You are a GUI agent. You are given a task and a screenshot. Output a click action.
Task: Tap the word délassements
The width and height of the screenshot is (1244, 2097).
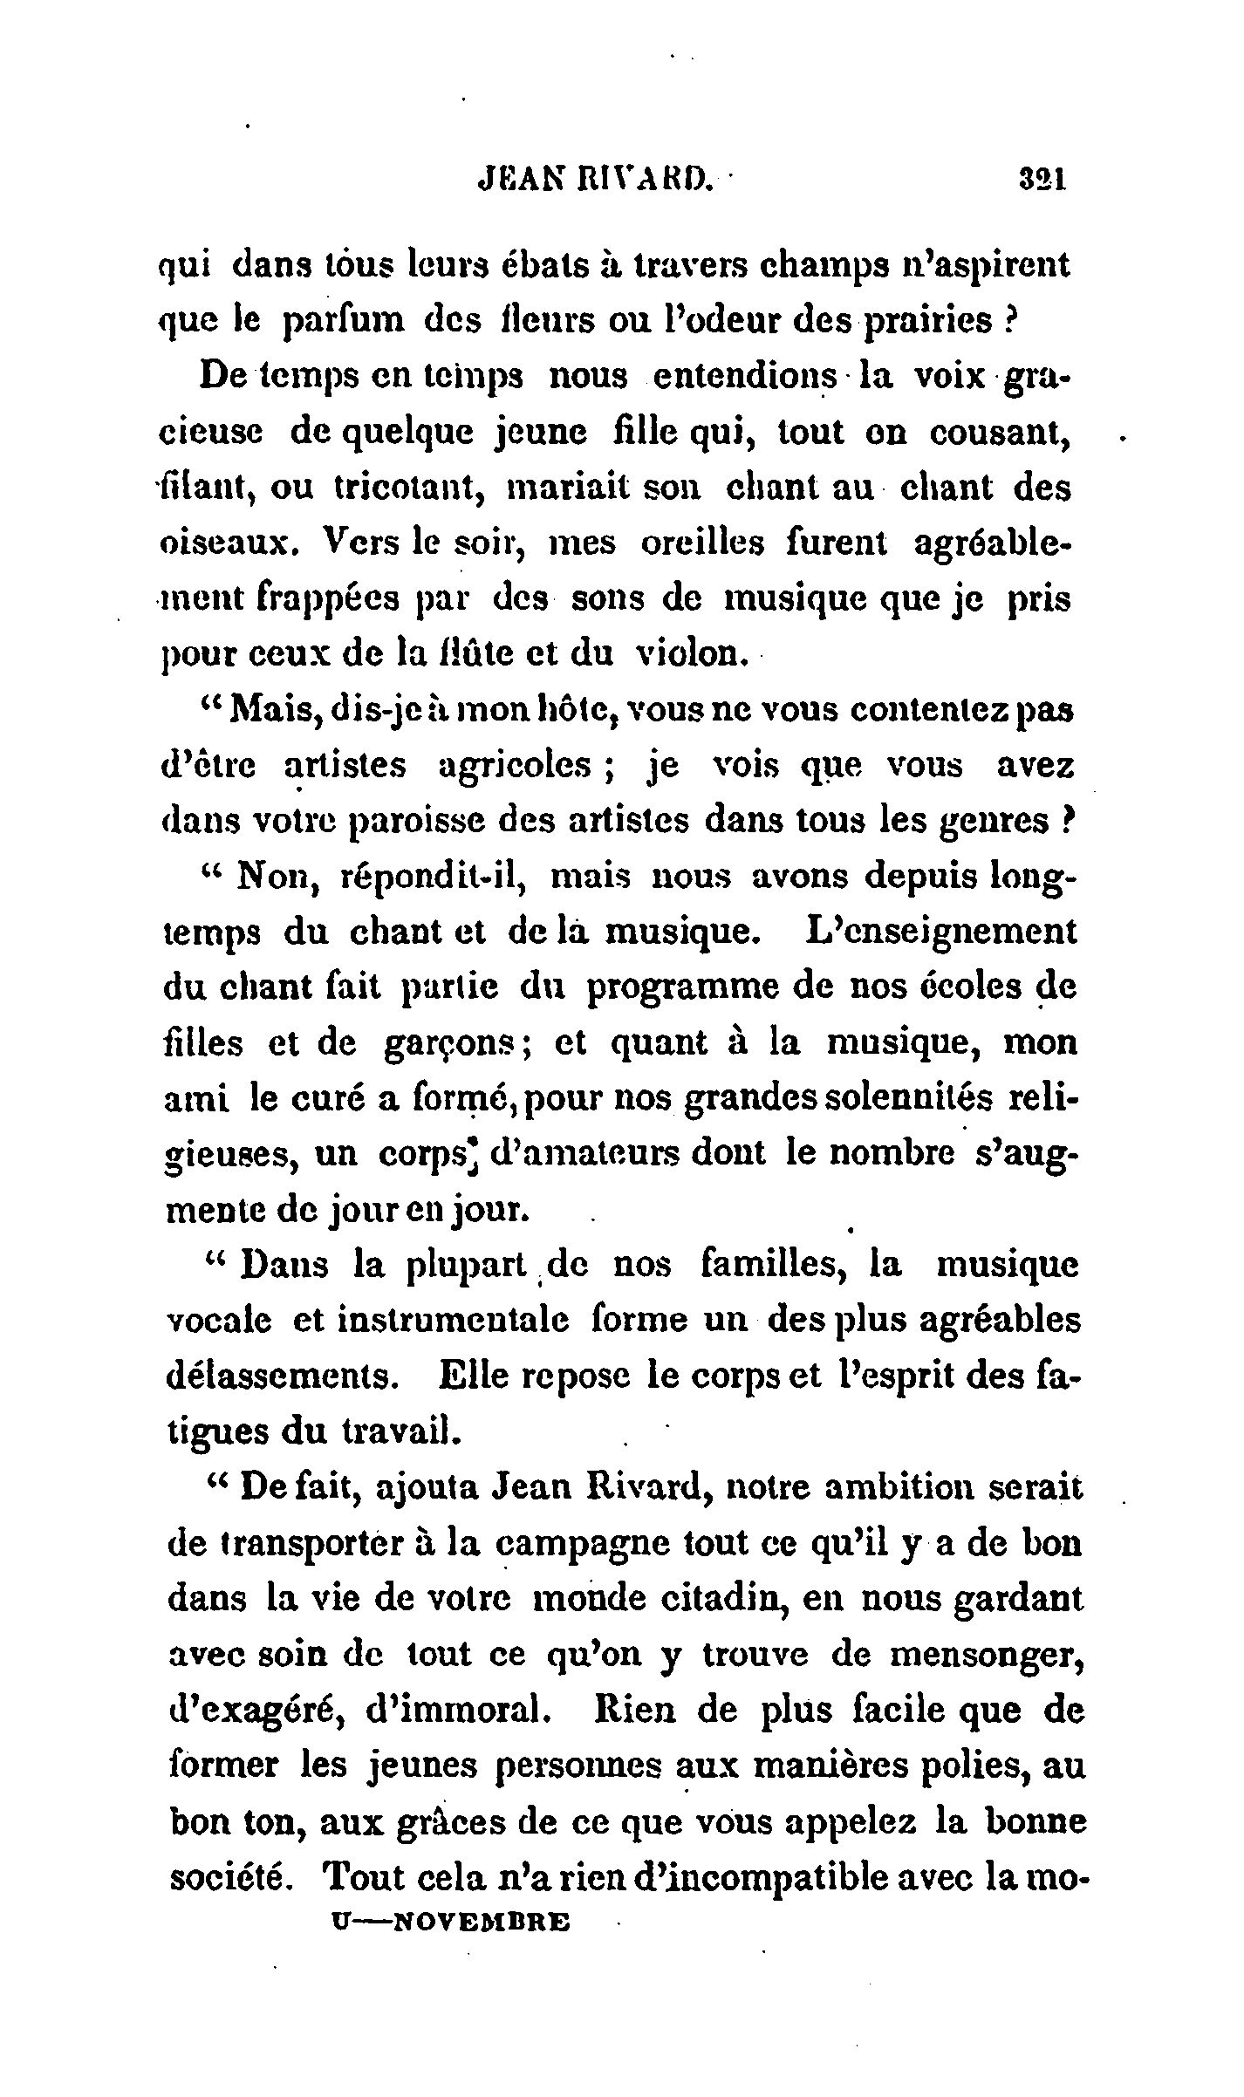click(279, 1376)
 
